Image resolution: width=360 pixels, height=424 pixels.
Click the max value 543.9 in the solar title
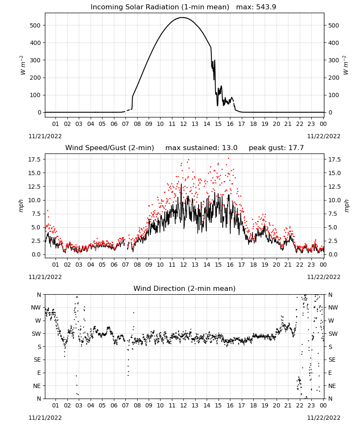tap(266, 7)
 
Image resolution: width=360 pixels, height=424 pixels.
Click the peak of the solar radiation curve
tap(182, 17)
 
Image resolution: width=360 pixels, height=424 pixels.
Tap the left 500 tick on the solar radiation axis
tap(35, 25)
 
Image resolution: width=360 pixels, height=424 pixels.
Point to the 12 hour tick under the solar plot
tap(183, 124)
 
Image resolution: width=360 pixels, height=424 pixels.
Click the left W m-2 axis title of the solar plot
tap(23, 65)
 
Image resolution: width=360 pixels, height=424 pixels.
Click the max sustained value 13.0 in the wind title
tap(230, 148)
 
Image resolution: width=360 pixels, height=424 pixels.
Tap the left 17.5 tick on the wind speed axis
tap(35, 159)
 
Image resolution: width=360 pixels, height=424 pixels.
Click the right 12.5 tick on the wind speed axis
tap(334, 187)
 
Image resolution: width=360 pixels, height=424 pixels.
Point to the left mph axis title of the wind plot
tap(21, 206)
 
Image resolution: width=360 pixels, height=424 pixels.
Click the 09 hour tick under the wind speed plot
tap(149, 265)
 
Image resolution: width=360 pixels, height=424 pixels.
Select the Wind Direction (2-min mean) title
tap(185, 288)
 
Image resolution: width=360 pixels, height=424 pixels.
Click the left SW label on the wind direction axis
tap(36, 334)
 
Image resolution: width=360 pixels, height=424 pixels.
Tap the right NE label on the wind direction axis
tap(332, 386)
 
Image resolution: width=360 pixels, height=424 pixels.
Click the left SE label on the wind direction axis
tap(37, 360)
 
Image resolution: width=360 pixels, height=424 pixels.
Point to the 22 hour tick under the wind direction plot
tap(299, 405)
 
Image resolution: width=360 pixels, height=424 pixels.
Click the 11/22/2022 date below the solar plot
tap(324, 136)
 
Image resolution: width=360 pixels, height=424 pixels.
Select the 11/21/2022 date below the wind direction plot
tap(45, 418)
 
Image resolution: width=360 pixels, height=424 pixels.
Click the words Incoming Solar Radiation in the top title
tap(135, 7)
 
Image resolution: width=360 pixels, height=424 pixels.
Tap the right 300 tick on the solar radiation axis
tap(334, 60)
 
